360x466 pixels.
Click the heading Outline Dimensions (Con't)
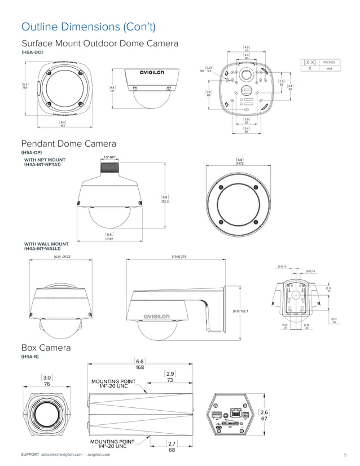(88, 27)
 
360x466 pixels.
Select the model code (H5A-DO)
(32, 52)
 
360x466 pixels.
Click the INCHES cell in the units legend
(329, 62)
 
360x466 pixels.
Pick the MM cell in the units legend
(329, 68)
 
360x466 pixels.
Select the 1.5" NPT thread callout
(109, 157)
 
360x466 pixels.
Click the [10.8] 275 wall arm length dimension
(179, 257)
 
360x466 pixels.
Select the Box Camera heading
(46, 348)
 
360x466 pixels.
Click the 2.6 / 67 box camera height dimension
(264, 415)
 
